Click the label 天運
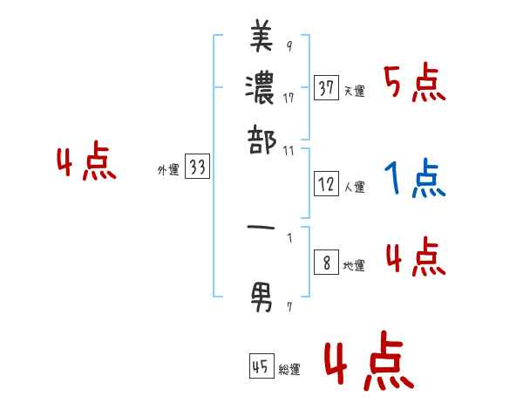pos(354,91)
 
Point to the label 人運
pos(354,187)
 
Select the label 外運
pos(167,171)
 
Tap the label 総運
pos(289,370)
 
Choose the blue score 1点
pos(414,180)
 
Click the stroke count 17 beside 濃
pos(289,97)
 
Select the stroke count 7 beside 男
pos(289,306)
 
